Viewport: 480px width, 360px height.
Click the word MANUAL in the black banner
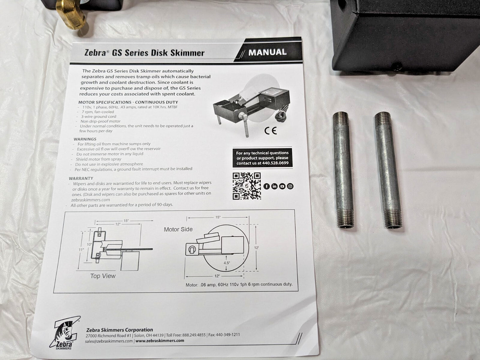click(x=267, y=52)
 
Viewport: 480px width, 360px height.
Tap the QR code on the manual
click(x=247, y=186)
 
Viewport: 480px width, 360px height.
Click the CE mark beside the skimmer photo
click(x=270, y=131)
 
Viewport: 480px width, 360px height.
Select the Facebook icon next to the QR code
click(x=266, y=186)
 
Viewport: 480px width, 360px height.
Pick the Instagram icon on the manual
click(x=290, y=186)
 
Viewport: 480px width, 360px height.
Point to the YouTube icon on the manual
click(x=282, y=186)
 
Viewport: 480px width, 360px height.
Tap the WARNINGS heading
click(x=85, y=139)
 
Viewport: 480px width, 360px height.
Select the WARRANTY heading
click(x=81, y=178)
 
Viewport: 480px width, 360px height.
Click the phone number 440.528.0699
click(x=275, y=163)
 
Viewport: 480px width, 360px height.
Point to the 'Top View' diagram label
click(x=103, y=276)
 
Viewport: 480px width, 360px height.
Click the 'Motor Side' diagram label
click(x=178, y=229)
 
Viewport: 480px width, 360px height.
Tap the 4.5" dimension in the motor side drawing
click(x=227, y=263)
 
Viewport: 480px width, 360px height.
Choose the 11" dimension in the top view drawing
click(x=81, y=249)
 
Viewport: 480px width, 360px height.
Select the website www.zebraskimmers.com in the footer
click(x=160, y=341)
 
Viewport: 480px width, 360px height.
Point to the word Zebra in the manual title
click(x=95, y=53)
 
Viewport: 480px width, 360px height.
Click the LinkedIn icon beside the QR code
click(x=274, y=186)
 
